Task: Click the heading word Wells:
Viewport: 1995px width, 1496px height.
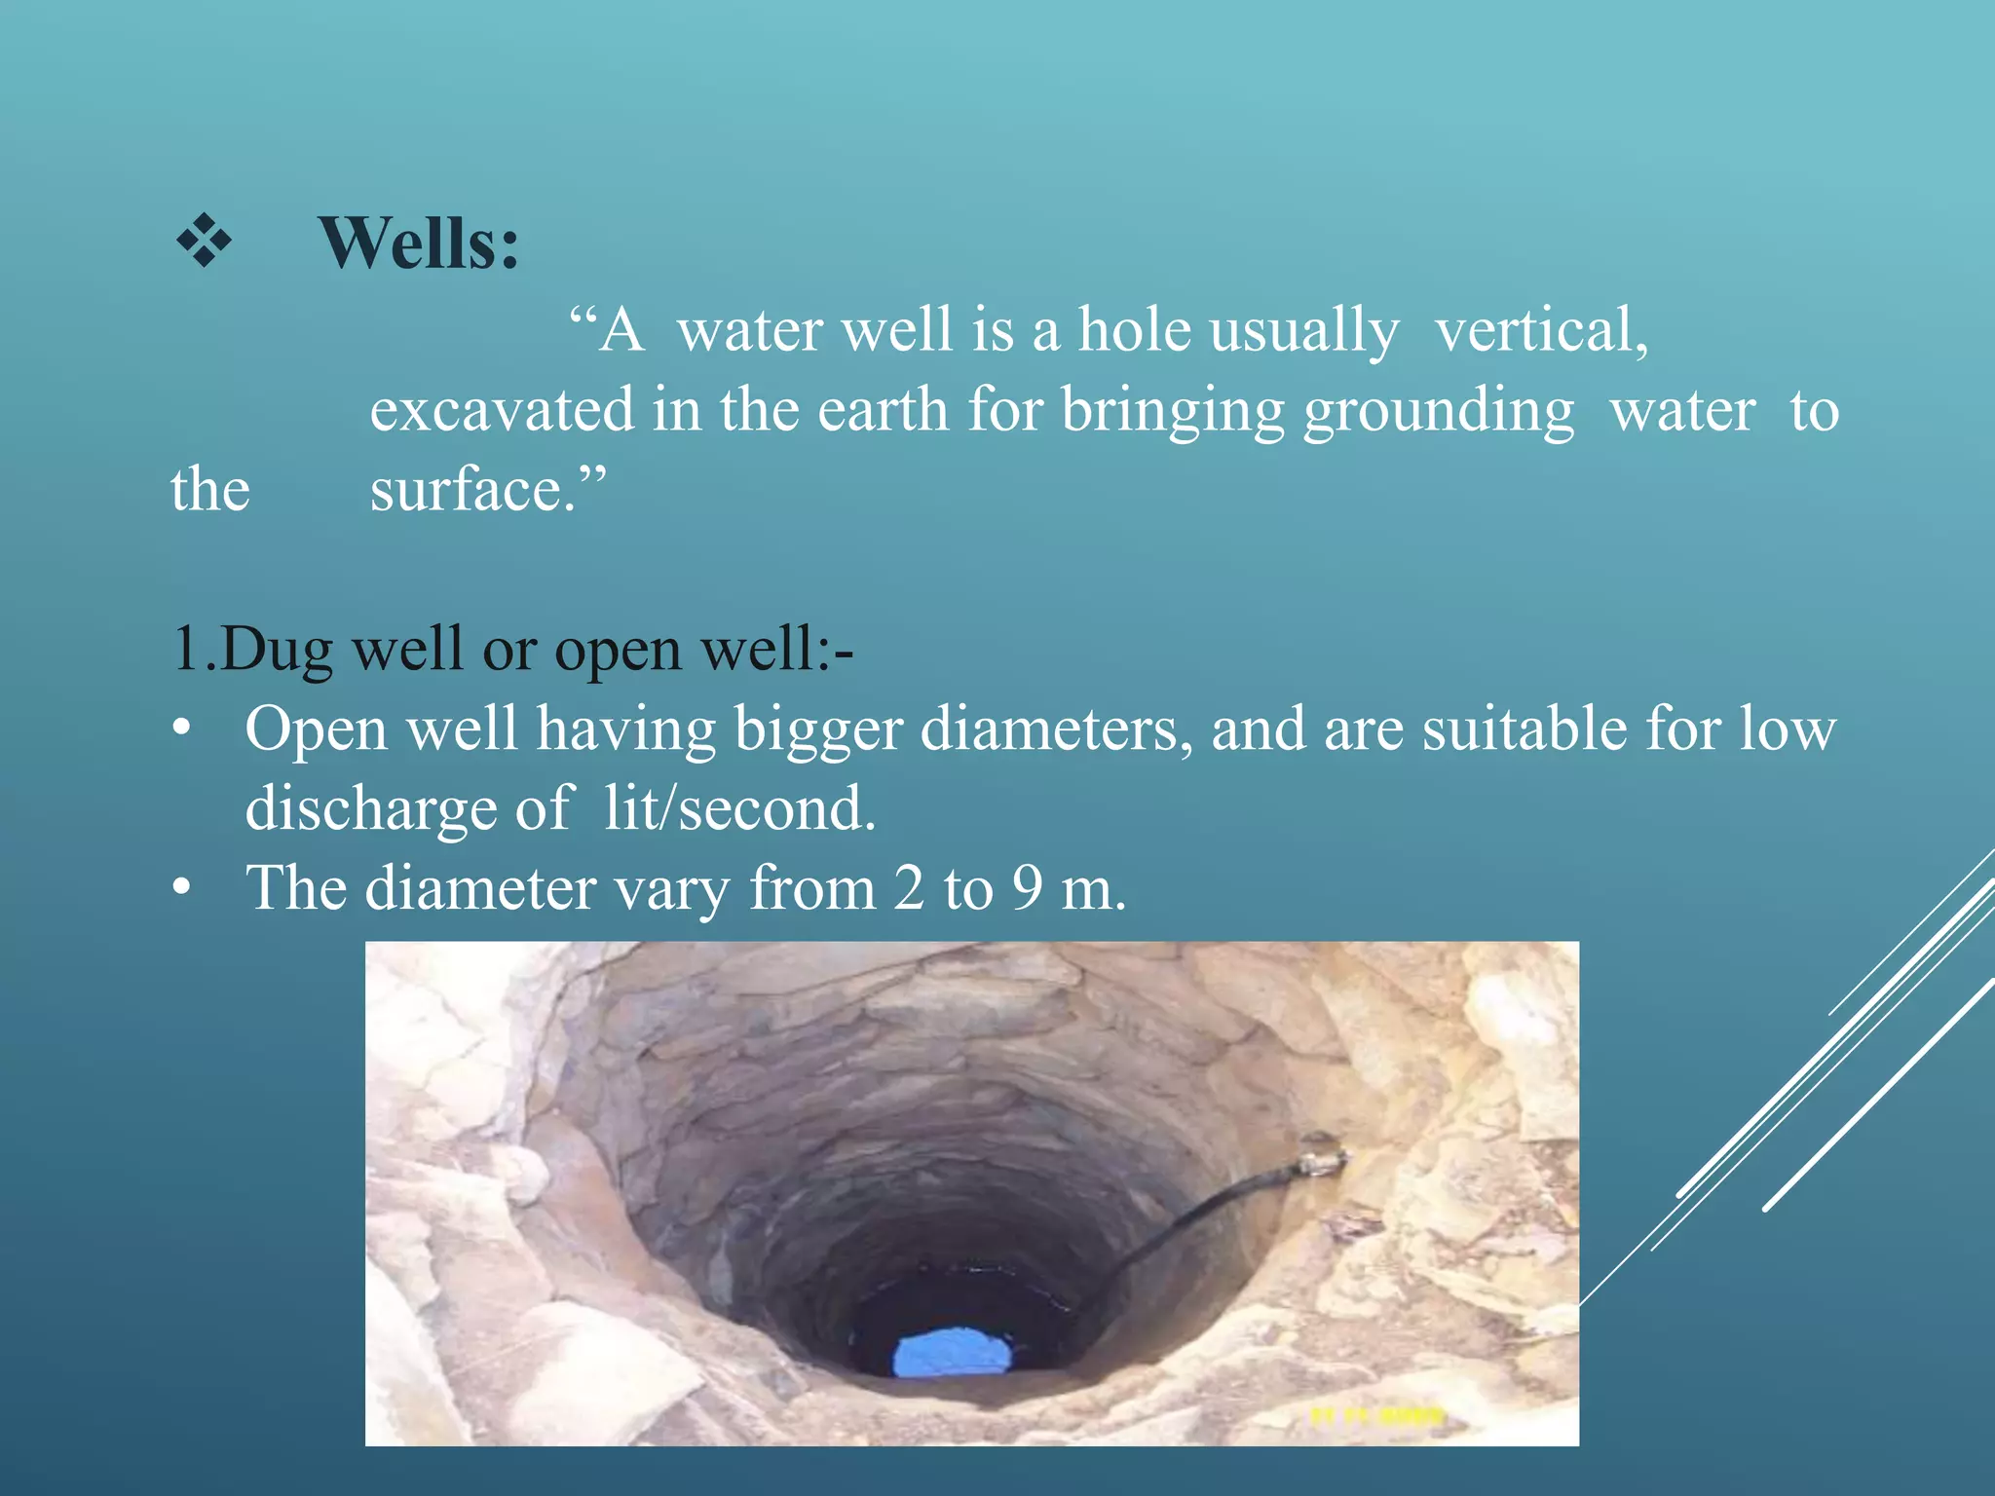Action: [419, 243]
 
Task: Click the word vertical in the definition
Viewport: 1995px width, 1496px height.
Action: [1541, 331]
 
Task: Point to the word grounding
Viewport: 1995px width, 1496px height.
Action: [1439, 412]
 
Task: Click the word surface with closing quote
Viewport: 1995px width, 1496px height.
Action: [488, 489]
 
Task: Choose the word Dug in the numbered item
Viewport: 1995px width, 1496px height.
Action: [276, 650]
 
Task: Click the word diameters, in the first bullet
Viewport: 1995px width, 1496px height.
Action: [1056, 729]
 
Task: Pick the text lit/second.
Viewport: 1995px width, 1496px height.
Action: [739, 808]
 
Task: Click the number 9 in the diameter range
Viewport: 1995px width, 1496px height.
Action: [1027, 888]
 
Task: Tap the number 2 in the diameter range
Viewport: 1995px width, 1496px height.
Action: [908, 888]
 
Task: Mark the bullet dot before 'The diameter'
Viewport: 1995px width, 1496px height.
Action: [181, 888]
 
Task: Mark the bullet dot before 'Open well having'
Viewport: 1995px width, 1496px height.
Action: [181, 729]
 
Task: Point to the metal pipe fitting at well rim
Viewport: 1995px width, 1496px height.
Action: [1321, 1156]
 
